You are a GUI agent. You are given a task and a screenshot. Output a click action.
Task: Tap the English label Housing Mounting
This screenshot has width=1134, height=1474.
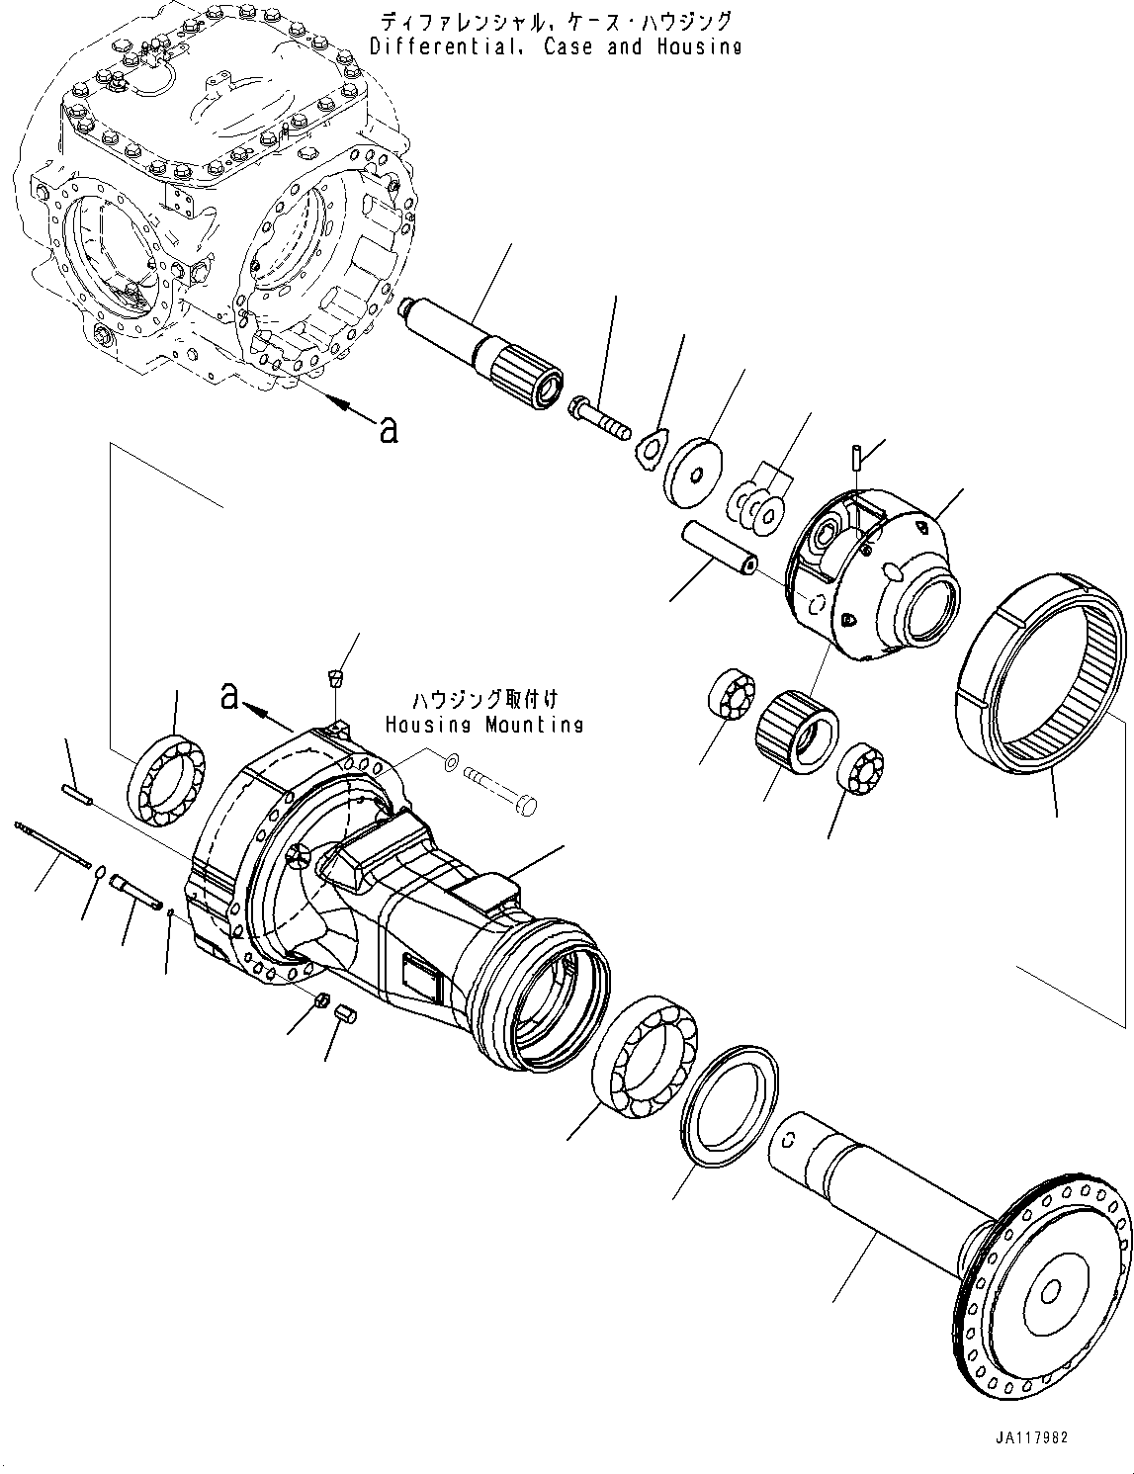tap(483, 725)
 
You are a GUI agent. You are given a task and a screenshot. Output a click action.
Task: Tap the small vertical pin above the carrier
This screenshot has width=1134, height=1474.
tap(856, 459)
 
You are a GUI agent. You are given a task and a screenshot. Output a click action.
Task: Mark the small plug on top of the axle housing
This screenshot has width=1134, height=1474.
tap(335, 678)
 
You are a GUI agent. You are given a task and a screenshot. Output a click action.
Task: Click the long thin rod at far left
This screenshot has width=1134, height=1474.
tap(50, 839)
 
